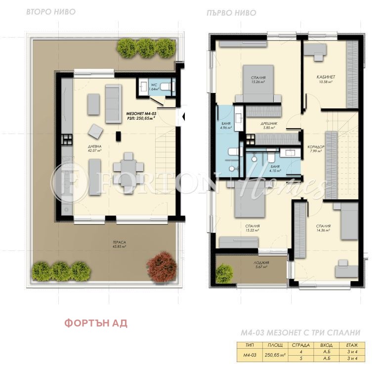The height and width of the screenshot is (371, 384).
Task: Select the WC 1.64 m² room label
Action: point(154,88)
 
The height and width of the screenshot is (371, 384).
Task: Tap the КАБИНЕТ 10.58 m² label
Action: point(326,79)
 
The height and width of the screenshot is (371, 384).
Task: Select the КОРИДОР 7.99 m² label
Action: point(315,148)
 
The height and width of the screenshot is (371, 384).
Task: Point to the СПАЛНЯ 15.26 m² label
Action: point(258,80)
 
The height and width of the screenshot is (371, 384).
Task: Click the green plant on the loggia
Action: point(224,271)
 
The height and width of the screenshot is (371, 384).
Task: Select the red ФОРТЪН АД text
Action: point(96,324)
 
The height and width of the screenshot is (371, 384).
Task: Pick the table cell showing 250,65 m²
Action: point(275,355)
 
